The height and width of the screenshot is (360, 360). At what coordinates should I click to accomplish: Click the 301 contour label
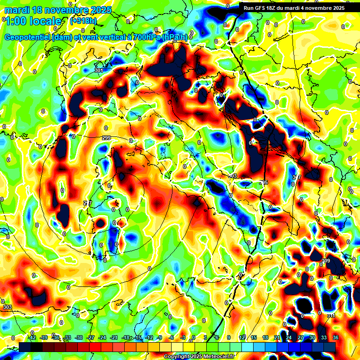click(98, 71)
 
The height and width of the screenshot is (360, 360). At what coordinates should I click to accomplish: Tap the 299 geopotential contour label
click(106, 138)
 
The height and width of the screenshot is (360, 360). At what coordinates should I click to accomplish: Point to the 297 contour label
click(87, 203)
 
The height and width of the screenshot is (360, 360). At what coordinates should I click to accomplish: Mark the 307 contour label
click(297, 177)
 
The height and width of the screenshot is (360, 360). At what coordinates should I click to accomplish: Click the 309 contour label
click(326, 261)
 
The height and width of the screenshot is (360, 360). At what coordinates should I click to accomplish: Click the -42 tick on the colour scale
click(32, 338)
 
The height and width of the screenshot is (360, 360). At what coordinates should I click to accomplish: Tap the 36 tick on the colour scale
click(336, 338)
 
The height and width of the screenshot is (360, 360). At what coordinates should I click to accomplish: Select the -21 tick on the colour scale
click(114, 338)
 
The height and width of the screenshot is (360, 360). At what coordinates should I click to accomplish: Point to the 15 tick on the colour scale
click(254, 338)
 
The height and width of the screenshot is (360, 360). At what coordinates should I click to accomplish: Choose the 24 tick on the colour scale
click(289, 338)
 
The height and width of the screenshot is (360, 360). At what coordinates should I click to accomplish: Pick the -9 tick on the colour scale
click(160, 338)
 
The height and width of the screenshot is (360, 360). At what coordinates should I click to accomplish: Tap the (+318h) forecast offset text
click(84, 21)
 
